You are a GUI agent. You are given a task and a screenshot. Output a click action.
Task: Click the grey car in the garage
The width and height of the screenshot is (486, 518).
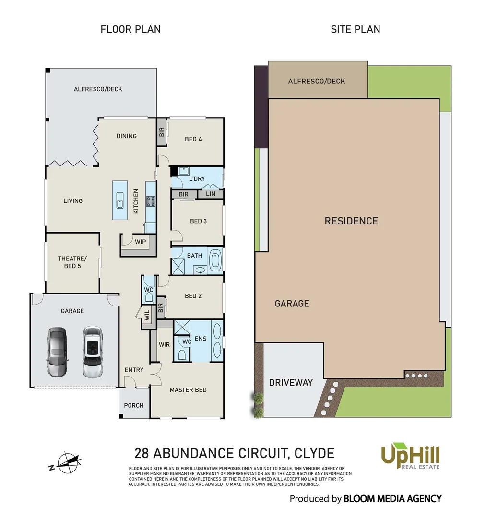57,352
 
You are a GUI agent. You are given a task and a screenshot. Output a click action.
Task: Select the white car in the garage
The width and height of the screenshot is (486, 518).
92,352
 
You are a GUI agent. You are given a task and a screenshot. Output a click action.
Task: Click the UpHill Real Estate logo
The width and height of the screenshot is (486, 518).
410,456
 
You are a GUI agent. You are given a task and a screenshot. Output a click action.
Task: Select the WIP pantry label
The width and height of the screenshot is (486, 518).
140,242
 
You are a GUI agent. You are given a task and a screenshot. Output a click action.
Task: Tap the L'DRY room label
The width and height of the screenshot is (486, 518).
197,178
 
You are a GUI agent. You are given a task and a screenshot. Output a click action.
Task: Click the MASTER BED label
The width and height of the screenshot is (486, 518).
188,390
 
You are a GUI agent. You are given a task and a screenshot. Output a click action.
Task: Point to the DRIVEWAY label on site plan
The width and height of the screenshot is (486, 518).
291,382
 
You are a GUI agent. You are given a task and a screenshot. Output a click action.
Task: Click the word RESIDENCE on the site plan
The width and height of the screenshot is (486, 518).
351,221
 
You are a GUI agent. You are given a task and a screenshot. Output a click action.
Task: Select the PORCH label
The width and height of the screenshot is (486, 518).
134,405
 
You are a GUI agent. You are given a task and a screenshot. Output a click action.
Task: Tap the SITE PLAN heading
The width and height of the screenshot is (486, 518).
355,29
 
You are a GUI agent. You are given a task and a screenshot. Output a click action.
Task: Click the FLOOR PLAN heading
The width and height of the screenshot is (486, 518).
130,29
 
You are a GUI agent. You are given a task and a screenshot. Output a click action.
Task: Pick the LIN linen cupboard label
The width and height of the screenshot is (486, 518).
211,194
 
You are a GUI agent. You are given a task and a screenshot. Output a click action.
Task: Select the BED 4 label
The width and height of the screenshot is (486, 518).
193,139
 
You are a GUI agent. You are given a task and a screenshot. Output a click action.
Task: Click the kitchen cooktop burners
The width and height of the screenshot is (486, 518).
150,201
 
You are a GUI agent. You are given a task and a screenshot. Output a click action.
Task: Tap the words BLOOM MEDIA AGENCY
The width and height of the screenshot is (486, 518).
392,499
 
